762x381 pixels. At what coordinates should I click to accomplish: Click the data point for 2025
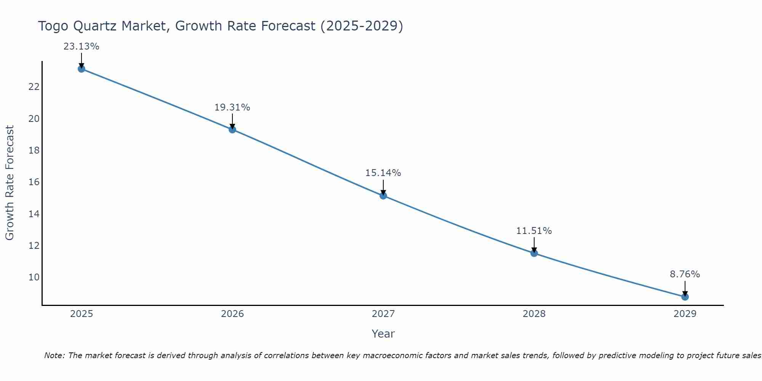81,69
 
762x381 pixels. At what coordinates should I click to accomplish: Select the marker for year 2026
232,130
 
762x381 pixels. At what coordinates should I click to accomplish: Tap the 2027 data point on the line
383,196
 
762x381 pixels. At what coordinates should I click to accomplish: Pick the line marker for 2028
534,253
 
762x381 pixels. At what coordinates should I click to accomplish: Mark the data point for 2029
685,297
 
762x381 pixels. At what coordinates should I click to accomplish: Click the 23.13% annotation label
81,46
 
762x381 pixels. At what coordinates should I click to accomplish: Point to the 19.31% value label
232,107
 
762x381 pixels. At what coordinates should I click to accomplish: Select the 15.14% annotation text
383,173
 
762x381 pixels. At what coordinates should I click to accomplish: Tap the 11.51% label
534,231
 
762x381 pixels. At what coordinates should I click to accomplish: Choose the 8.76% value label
685,274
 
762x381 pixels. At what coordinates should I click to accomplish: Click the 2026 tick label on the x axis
232,314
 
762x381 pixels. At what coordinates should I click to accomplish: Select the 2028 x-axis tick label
534,314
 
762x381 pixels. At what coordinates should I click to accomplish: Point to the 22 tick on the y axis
34,87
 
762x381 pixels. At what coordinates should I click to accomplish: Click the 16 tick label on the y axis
34,182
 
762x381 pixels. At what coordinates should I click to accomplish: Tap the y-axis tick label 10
34,277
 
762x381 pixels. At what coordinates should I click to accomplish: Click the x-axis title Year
383,334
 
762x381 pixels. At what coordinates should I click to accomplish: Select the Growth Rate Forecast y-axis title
10,183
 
